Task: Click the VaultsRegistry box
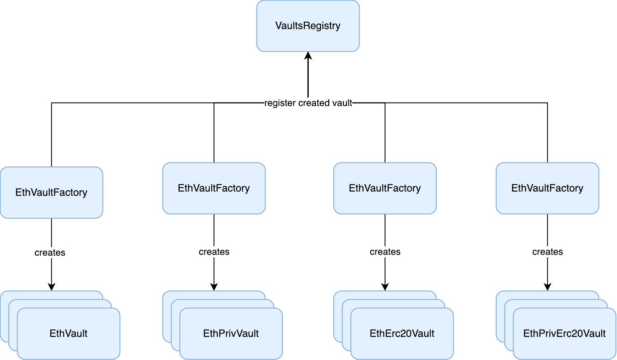[x=308, y=26]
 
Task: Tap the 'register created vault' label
[x=308, y=103]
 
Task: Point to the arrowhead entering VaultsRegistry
[x=308, y=55]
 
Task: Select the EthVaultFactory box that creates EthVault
[x=51, y=192]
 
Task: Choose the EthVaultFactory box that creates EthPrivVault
[x=214, y=188]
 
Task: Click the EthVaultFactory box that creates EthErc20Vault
[x=385, y=188]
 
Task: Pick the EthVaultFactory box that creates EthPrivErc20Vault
[x=547, y=188]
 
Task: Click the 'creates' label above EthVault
[x=50, y=253]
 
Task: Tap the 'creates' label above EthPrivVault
[x=214, y=252]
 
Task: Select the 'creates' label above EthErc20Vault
[x=385, y=252]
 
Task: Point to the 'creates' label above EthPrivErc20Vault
[x=547, y=252]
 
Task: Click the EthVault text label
[x=68, y=333]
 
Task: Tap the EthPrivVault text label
[x=231, y=333]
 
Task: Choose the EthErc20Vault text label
[x=402, y=333]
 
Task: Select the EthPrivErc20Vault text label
[x=564, y=333]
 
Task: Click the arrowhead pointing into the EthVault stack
[x=51, y=287]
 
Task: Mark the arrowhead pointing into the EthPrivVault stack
[x=214, y=287]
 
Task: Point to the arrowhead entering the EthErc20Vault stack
[x=385, y=287]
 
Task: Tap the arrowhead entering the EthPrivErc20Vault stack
[x=547, y=287]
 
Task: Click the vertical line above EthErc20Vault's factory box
[x=385, y=133]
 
